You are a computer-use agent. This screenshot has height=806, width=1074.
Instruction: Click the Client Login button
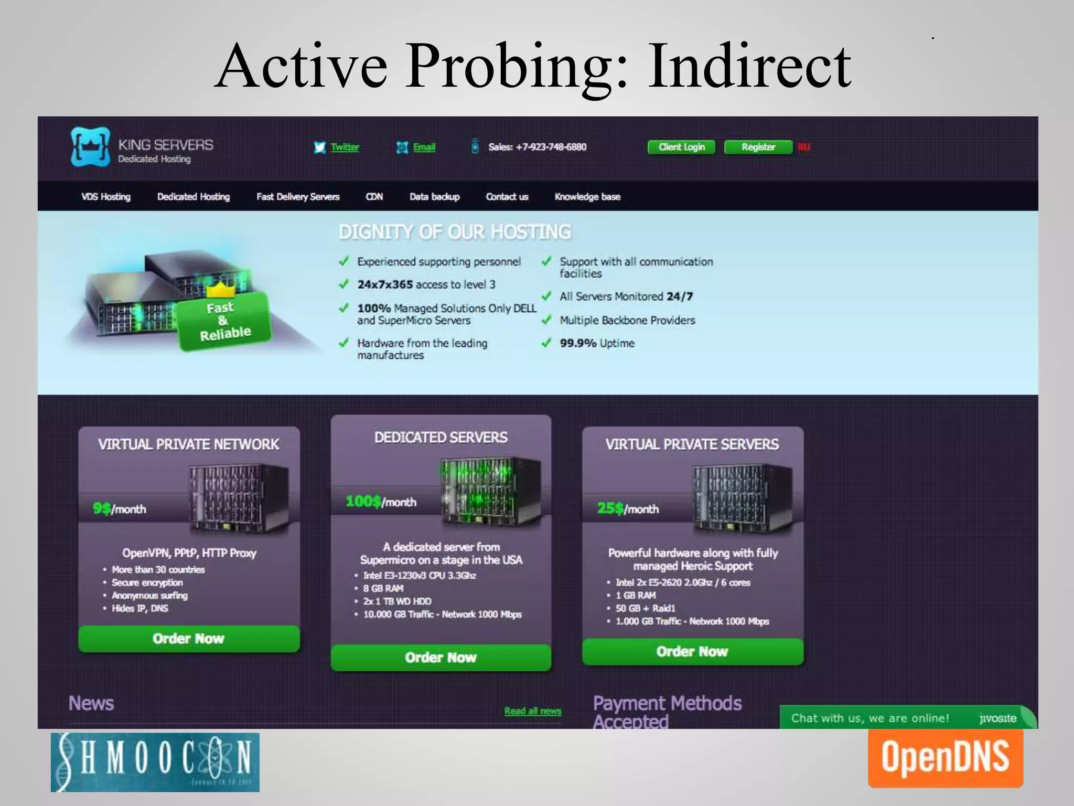[681, 147]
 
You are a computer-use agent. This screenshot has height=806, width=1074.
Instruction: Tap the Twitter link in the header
[345, 147]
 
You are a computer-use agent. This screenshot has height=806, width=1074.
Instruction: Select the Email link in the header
[424, 147]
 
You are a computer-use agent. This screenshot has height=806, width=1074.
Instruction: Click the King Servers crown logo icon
[91, 146]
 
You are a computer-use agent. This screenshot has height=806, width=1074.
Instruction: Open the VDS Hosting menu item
[106, 197]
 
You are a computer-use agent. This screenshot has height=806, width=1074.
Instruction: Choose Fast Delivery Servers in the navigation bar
[298, 197]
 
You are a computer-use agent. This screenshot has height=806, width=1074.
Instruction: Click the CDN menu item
[374, 197]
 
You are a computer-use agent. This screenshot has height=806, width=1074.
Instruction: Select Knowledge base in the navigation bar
[587, 197]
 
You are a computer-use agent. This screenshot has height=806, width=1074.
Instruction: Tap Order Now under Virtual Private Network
[189, 639]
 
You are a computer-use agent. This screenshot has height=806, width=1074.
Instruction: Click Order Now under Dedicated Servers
[441, 657]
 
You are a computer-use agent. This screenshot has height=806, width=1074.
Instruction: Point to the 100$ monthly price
[381, 502]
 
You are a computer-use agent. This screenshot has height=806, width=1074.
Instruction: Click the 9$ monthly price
[120, 508]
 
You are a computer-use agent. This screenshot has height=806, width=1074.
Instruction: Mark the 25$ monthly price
[628, 508]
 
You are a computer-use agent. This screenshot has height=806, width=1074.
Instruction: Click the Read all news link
[532, 711]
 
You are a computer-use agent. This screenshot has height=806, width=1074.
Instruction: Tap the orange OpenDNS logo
[945, 757]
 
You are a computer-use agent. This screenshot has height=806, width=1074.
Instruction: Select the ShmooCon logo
[155, 762]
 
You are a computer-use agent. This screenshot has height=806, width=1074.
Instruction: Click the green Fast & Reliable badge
[224, 321]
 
